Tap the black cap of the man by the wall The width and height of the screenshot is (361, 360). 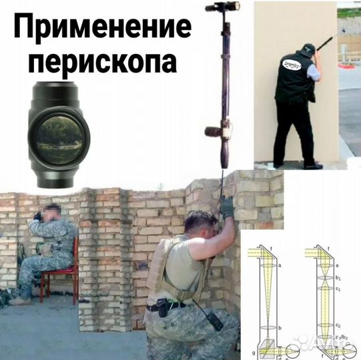pyautogui.click(x=307, y=49)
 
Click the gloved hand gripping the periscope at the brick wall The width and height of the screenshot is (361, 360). pyautogui.click(x=227, y=207)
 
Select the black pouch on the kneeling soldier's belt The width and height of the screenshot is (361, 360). pyautogui.click(x=161, y=307)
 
